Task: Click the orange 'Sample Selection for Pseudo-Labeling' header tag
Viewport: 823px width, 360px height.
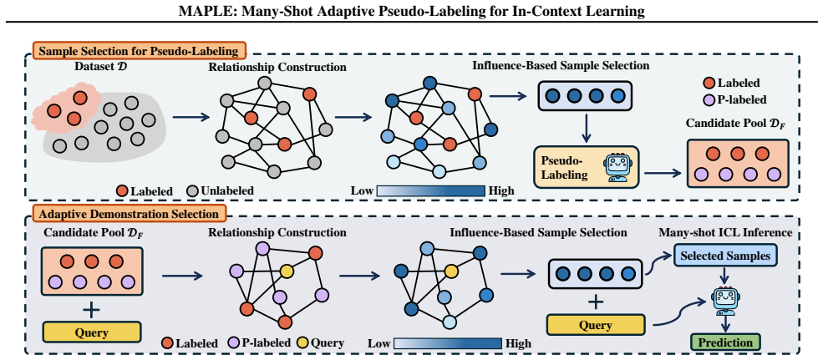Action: [x=139, y=52]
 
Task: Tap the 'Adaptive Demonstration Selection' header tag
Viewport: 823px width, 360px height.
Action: [x=130, y=214]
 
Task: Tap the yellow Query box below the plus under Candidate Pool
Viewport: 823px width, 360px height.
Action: [x=92, y=332]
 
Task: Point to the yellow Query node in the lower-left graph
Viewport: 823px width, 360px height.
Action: [x=286, y=271]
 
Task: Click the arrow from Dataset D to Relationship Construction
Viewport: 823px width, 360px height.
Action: [x=191, y=119]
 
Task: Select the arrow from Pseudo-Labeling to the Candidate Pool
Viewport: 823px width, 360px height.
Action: [x=663, y=172]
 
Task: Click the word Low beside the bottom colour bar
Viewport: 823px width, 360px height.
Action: [x=378, y=344]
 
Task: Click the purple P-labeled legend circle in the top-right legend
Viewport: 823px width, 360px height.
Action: [x=709, y=99]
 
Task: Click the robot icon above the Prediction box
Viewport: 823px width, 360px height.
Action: [x=723, y=302]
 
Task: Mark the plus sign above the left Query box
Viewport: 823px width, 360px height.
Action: [x=91, y=310]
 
